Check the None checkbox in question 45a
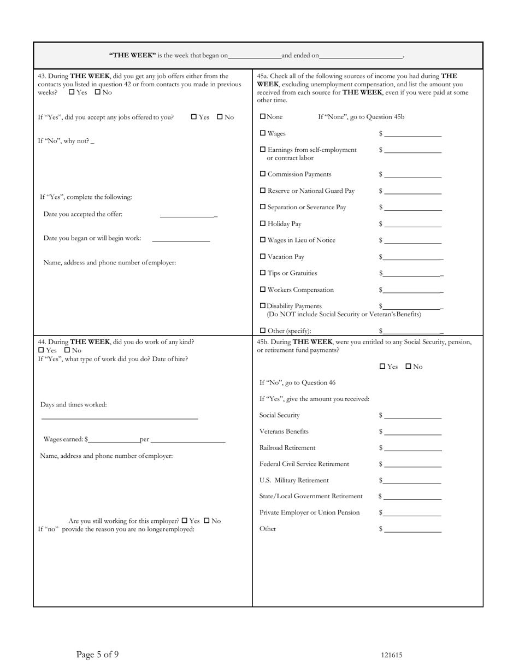tap(263, 117)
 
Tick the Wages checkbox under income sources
tap(263, 133)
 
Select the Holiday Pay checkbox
tap(263, 224)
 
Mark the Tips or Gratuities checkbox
tap(263, 273)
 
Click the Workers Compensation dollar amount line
tap(412, 291)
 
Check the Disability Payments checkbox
tap(263, 306)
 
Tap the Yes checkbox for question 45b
tap(382, 367)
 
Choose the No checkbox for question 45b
tap(409, 367)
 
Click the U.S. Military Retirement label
tap(294, 480)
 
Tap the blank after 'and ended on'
tap(361, 56)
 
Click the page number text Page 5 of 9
tap(97, 655)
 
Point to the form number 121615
tap(392, 656)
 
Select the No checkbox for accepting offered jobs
tap(220, 117)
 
